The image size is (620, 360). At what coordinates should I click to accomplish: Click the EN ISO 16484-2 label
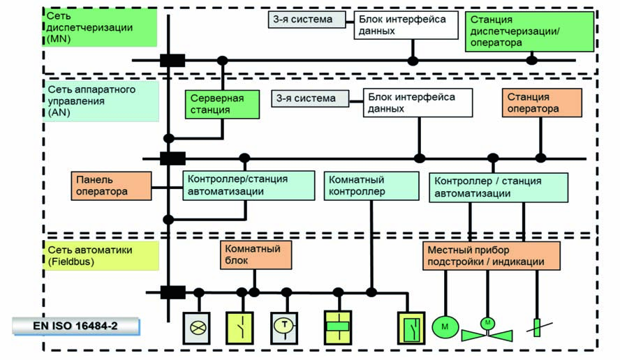(75, 326)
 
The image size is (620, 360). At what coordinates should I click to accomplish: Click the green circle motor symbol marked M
(444, 326)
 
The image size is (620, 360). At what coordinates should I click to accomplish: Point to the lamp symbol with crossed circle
(196, 326)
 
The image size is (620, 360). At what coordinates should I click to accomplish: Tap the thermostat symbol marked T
(284, 326)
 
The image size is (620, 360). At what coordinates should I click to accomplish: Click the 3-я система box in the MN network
(307, 20)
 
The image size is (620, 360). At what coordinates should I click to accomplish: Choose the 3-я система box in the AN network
(311, 98)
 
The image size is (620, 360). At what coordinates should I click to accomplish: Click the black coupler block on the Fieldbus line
(172, 292)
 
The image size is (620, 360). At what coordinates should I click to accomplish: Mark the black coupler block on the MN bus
(172, 60)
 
